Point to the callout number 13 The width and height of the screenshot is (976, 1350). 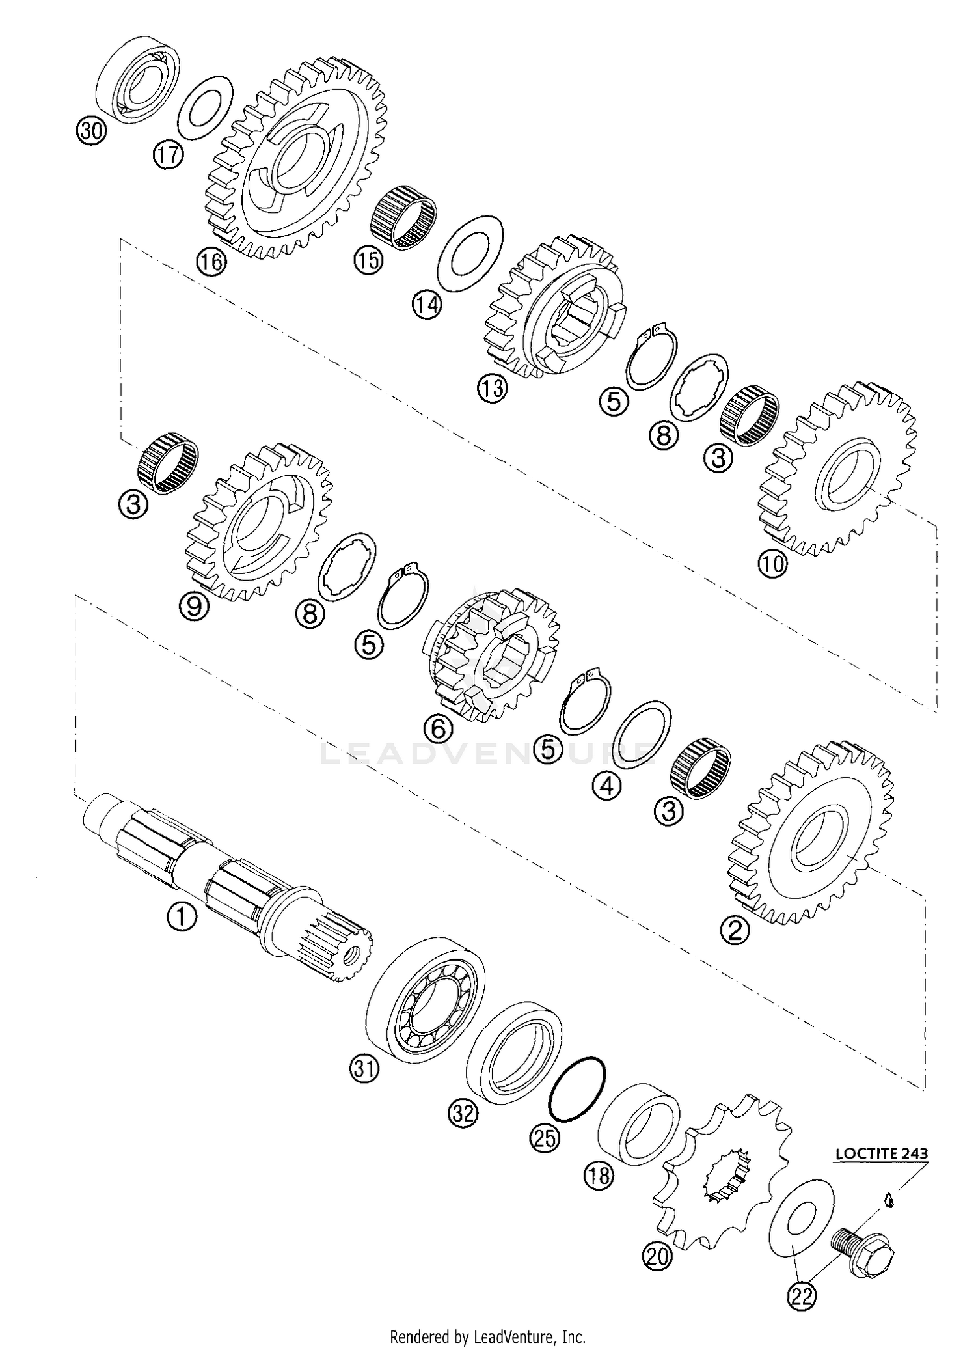coord(491,389)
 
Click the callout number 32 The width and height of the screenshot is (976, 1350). coord(463,1114)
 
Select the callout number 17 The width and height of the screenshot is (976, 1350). coord(169,156)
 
